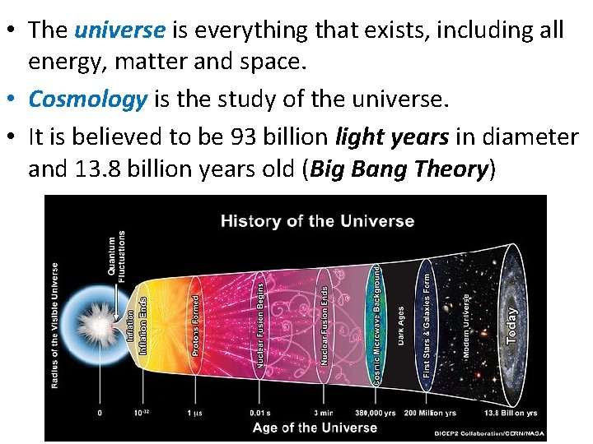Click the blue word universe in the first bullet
pos(119,30)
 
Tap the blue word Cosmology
pos(87,99)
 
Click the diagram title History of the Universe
pos(317,220)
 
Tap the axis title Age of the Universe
pos(315,428)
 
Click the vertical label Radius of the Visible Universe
pos(55,326)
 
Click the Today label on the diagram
pos(511,326)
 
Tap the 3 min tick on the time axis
pos(324,412)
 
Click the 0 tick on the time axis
pos(100,412)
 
